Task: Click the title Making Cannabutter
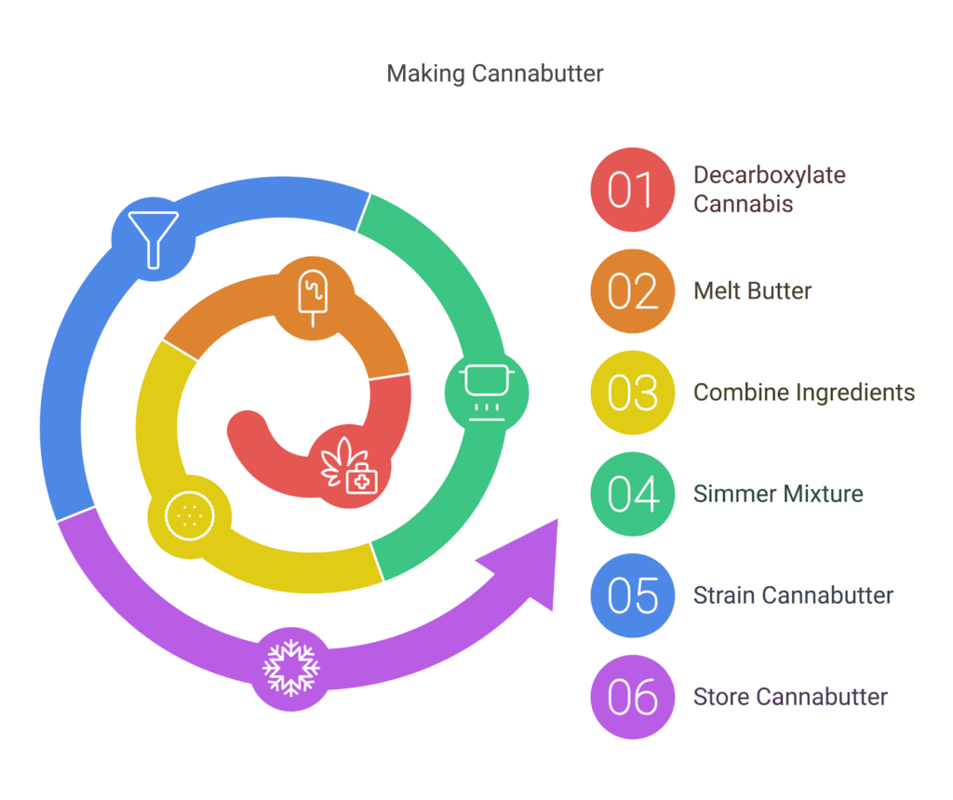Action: point(494,73)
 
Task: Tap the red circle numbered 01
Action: point(633,189)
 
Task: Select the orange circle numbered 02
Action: point(633,291)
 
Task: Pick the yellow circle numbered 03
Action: point(633,393)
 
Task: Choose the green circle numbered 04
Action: point(633,494)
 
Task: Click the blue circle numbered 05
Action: point(633,595)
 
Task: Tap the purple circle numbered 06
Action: point(633,697)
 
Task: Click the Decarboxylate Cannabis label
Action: point(769,189)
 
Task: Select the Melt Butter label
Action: point(752,291)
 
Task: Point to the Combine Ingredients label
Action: point(804,393)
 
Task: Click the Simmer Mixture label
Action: point(778,494)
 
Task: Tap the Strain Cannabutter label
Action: point(793,595)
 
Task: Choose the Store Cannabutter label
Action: point(790,697)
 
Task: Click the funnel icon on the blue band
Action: point(153,237)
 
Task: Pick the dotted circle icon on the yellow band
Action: point(190,515)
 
